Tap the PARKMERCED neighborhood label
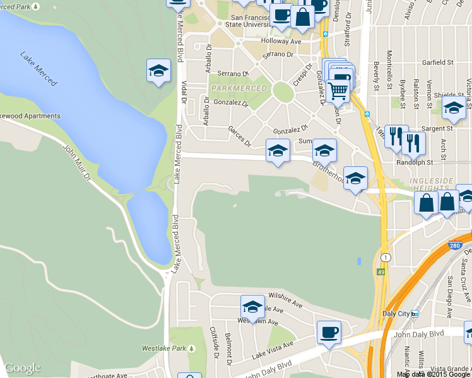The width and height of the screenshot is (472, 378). pyautogui.click(x=239, y=88)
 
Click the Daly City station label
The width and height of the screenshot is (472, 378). pyautogui.click(x=398, y=313)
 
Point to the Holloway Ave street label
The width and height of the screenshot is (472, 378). pyautogui.click(x=281, y=42)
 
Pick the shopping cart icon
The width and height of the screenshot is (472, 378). pyautogui.click(x=338, y=92)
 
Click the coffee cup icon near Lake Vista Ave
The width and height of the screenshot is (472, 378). pyautogui.click(x=329, y=331)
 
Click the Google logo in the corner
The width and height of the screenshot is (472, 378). pyautogui.click(x=22, y=368)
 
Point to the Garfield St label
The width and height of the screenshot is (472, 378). pyautogui.click(x=438, y=62)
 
